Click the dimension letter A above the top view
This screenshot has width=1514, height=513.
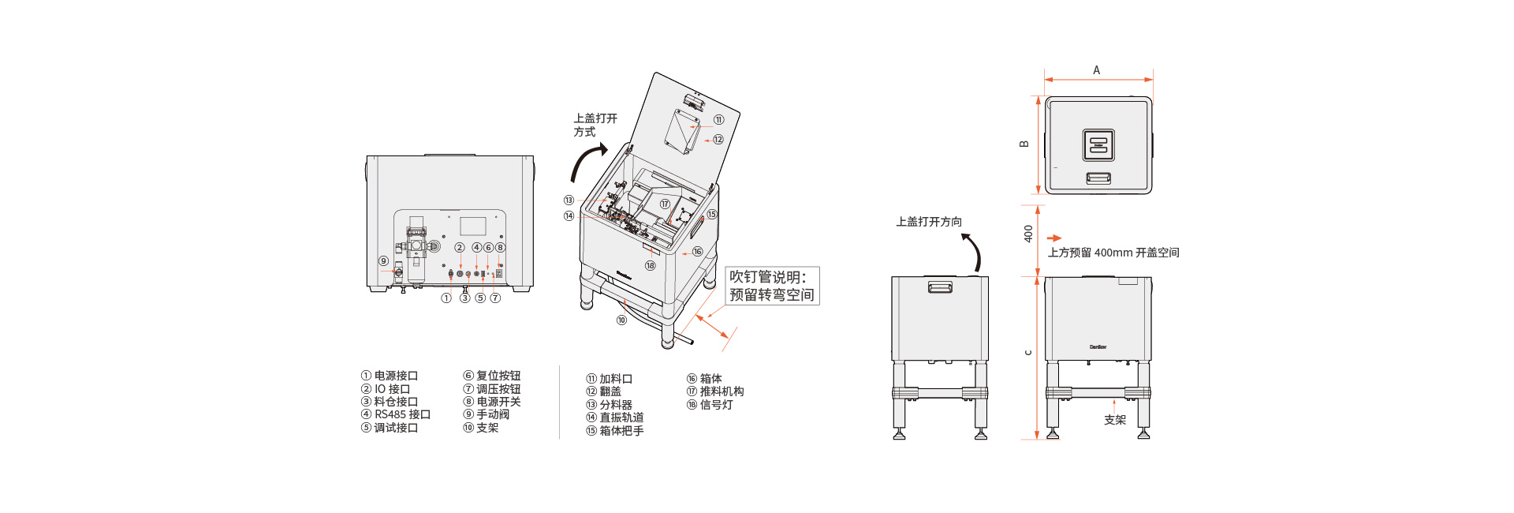pyautogui.click(x=1096, y=70)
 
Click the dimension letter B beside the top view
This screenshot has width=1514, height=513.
pyautogui.click(x=1024, y=144)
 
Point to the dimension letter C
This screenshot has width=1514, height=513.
pyautogui.click(x=1027, y=352)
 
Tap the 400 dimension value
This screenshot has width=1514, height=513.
pyautogui.click(x=1028, y=234)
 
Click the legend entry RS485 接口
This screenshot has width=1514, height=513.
pyautogui.click(x=396, y=414)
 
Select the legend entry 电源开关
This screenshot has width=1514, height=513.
pyautogui.click(x=492, y=402)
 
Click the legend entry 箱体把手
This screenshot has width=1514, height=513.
pyautogui.click(x=615, y=431)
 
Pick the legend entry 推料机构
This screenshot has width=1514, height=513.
pyautogui.click(x=715, y=391)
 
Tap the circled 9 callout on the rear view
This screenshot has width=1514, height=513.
pyautogui.click(x=383, y=261)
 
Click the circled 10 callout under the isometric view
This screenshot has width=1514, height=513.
pyautogui.click(x=621, y=320)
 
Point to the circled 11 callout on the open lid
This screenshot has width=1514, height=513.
pyautogui.click(x=718, y=120)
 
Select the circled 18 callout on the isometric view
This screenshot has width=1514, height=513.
pyautogui.click(x=651, y=266)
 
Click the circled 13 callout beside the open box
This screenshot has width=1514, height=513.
pyautogui.click(x=569, y=200)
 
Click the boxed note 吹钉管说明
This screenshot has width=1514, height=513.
pyautogui.click(x=772, y=286)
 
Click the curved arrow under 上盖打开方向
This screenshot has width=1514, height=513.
pyautogui.click(x=973, y=252)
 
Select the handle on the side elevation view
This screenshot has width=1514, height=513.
pyautogui.click(x=940, y=286)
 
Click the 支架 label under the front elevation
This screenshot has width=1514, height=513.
pyautogui.click(x=1115, y=420)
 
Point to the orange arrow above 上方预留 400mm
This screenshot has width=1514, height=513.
pyautogui.click(x=1054, y=238)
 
